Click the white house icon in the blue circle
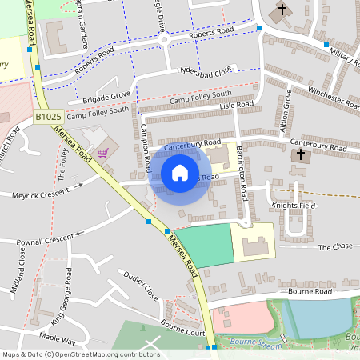(180, 173)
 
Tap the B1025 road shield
(48, 117)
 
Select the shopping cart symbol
(102, 152)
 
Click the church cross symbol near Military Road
(281, 12)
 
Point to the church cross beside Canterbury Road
(301, 155)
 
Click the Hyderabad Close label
(204, 70)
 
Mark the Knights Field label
(294, 206)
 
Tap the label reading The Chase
(334, 248)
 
